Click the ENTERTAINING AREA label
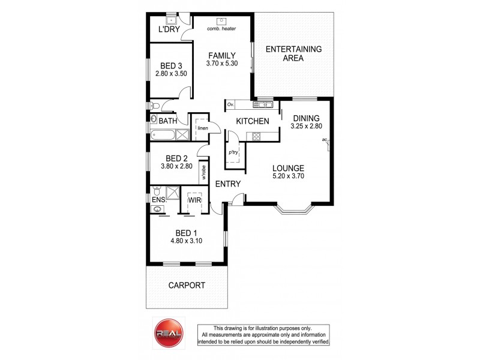294,53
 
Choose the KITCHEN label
252,121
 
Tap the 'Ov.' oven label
231,105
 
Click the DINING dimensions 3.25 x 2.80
307,127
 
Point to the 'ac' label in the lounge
324,140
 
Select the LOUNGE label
288,168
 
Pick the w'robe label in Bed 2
205,172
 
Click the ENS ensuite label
158,199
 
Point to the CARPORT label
187,286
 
